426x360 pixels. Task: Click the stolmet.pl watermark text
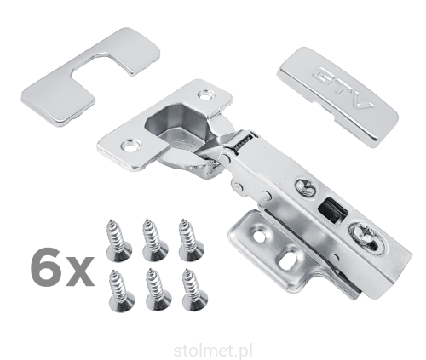(212, 351)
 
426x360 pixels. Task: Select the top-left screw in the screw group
(118, 241)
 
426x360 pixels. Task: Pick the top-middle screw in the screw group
(154, 240)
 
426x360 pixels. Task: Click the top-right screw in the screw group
(191, 240)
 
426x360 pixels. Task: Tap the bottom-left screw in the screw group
(121, 291)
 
